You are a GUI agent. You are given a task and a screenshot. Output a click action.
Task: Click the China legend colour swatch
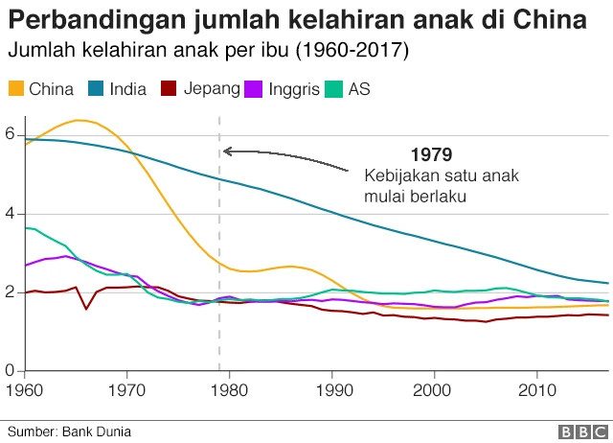click(16, 89)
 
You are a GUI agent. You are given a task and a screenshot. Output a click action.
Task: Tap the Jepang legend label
click(215, 89)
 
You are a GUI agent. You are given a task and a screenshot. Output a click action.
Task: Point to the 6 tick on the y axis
click(11, 135)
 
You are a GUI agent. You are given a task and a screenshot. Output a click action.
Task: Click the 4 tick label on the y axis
click(11, 214)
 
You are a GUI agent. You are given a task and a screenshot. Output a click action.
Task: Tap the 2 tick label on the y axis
click(11, 292)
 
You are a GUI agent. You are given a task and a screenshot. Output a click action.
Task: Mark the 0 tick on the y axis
click(11, 370)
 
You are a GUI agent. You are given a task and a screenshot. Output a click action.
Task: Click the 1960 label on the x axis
click(25, 389)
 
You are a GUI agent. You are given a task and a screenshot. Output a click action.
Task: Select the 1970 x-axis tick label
click(127, 389)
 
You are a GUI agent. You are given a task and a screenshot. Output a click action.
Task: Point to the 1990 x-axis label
click(331, 389)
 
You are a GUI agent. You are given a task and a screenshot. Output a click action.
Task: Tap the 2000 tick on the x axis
click(434, 389)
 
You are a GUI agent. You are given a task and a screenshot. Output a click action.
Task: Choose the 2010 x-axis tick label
click(536, 389)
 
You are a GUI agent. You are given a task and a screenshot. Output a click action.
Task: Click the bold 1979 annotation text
click(431, 154)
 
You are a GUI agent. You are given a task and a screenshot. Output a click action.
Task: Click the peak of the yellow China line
click(80, 120)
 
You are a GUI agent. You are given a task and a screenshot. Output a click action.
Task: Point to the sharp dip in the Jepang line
click(86, 308)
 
